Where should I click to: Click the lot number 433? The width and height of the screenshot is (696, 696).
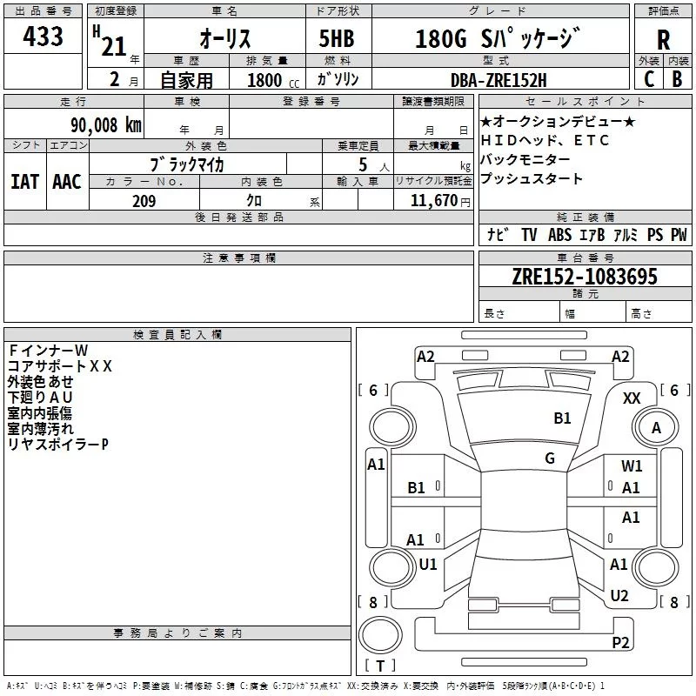[43, 37]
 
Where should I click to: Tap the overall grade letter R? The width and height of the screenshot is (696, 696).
[663, 39]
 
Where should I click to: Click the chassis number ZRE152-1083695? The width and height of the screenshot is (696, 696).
[585, 278]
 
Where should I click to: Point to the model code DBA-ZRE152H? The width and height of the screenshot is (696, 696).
[499, 80]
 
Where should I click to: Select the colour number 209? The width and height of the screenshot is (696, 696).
[144, 201]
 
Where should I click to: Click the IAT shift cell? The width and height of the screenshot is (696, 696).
[24, 182]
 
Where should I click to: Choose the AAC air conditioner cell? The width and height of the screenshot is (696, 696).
[66, 182]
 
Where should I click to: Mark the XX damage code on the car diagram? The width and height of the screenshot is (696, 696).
[632, 398]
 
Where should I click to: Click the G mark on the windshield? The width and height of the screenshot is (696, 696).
[550, 458]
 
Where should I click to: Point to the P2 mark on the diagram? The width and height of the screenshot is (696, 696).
[620, 642]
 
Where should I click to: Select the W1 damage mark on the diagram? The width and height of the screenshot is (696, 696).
[632, 466]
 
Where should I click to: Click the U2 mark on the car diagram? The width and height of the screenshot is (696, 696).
[619, 595]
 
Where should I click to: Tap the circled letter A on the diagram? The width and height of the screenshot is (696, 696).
[657, 428]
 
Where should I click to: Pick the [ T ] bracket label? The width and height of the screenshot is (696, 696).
[379, 666]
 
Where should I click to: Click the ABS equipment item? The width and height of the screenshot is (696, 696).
[559, 235]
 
